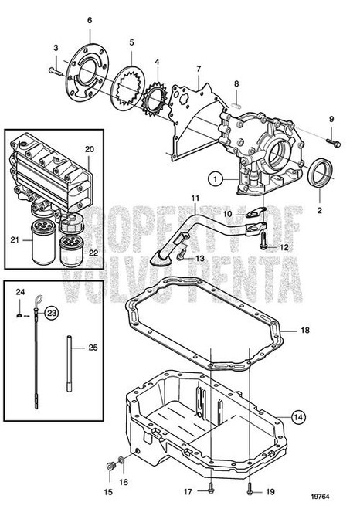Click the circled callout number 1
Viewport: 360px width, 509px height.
tap(219, 179)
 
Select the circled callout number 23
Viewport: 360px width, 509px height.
tap(51, 313)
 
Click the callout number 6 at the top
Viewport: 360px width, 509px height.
tap(90, 19)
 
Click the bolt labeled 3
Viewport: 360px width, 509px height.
tap(55, 70)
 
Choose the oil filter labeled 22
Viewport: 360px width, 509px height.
tap(71, 252)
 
